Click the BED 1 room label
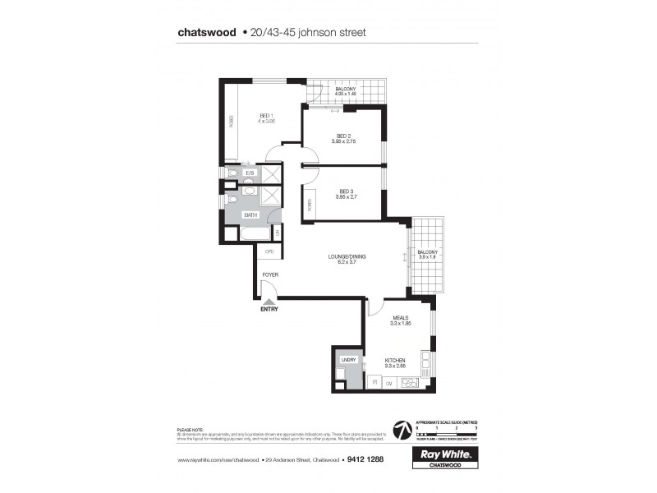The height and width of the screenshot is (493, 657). tap(265, 115)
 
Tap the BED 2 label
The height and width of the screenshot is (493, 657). tap(343, 136)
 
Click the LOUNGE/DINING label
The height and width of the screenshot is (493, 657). tap(347, 256)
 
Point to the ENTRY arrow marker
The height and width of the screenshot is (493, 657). tap(269, 302)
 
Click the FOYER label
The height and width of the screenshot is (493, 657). tap(269, 274)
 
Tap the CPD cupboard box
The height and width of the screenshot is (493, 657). tap(268, 251)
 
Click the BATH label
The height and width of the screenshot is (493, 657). tap(250, 215)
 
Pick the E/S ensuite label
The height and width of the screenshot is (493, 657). tap(250, 173)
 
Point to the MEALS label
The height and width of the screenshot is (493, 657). tap(401, 318)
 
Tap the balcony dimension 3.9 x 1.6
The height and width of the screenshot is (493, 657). tap(428, 257)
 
